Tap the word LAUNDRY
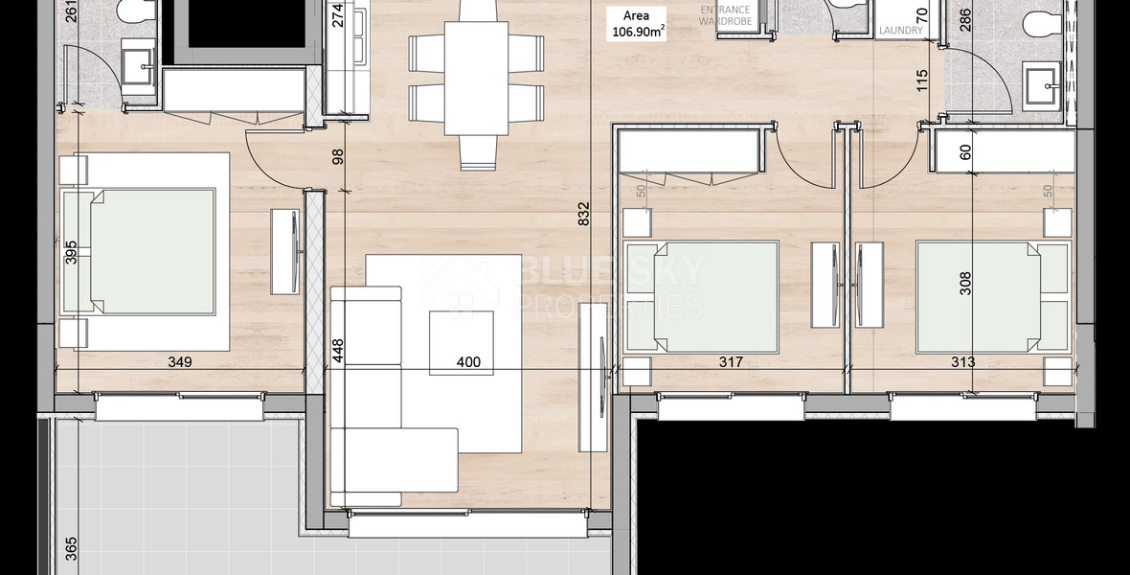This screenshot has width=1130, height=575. (901, 31)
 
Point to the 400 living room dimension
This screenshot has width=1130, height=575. (468, 363)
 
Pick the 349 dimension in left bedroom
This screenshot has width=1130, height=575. (180, 362)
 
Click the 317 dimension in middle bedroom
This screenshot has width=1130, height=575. (731, 362)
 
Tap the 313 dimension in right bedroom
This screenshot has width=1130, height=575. (962, 362)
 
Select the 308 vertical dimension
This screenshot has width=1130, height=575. (965, 283)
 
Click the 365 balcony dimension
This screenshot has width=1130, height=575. (71, 548)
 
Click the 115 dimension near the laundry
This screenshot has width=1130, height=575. (922, 80)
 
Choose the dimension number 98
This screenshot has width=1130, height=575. (337, 158)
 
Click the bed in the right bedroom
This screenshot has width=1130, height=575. (991, 297)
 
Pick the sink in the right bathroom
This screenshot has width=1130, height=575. (1041, 86)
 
